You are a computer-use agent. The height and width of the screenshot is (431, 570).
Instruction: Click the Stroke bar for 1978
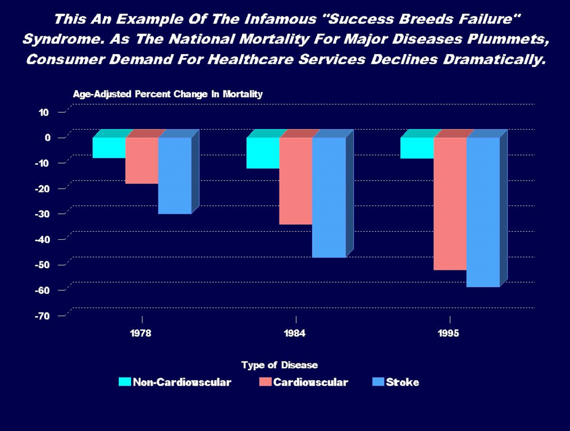(x=175, y=175)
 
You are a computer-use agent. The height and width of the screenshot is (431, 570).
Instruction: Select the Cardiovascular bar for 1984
(x=295, y=181)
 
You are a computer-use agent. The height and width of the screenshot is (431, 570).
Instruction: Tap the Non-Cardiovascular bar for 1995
(x=417, y=148)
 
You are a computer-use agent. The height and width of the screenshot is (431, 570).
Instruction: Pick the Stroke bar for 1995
(x=483, y=212)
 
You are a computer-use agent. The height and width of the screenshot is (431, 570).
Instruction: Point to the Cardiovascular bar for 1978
(x=142, y=160)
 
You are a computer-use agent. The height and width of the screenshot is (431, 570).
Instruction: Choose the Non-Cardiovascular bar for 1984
(x=263, y=152)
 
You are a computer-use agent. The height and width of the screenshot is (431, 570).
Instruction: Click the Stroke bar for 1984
(x=329, y=197)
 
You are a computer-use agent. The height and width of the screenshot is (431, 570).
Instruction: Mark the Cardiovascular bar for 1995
(x=449, y=204)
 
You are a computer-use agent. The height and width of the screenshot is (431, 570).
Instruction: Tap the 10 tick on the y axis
(x=44, y=112)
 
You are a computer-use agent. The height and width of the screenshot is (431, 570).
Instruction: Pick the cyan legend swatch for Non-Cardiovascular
(x=125, y=382)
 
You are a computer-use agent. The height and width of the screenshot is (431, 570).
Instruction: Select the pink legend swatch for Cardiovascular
(x=265, y=382)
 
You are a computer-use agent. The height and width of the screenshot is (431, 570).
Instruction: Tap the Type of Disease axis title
(x=279, y=365)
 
